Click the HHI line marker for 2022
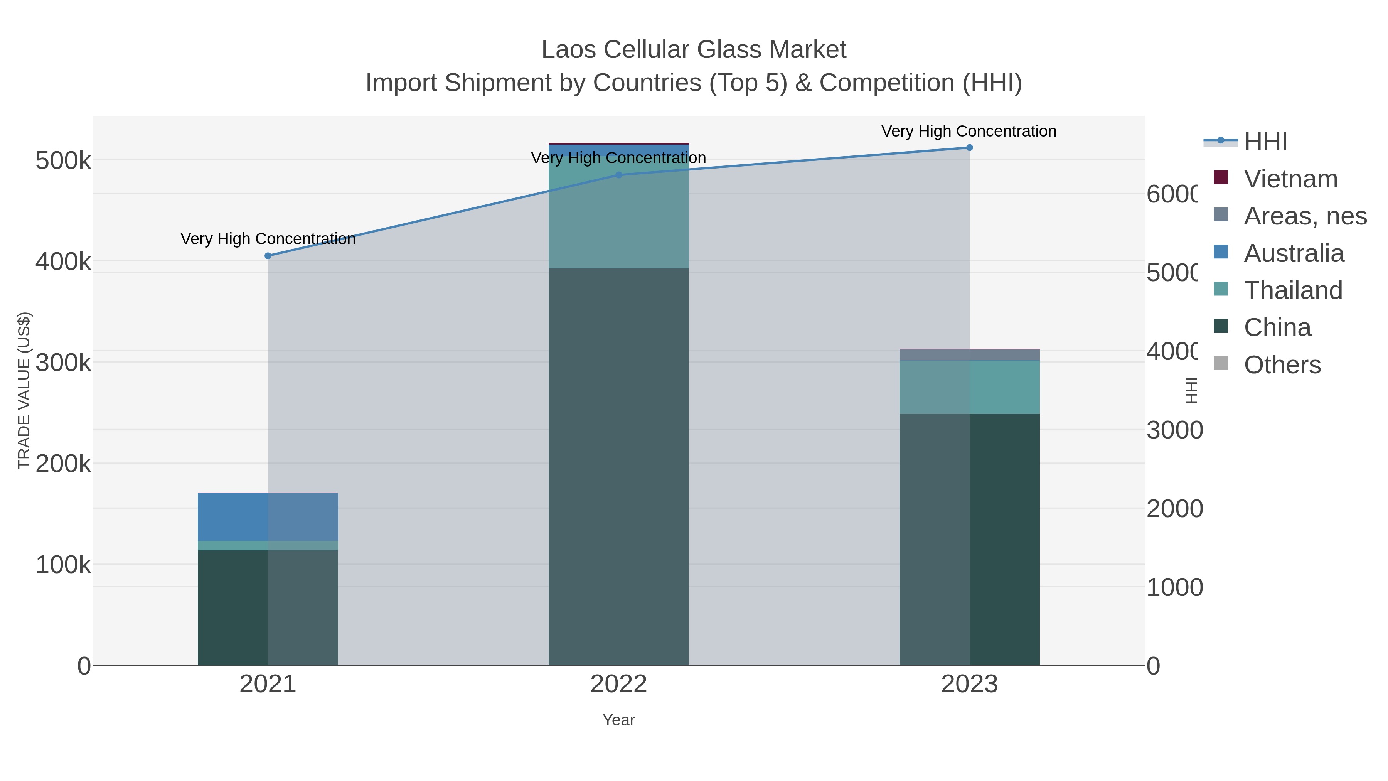click(618, 175)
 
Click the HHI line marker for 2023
click(969, 148)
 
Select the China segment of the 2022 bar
click(618, 466)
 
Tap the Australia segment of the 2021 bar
click(268, 517)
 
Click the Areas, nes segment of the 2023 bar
click(969, 355)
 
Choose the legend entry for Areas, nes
click(1304, 216)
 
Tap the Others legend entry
click(1281, 365)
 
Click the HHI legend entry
click(1265, 142)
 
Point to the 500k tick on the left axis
click(63, 160)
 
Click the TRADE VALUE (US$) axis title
click(24, 390)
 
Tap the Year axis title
click(618, 720)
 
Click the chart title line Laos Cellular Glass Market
click(694, 50)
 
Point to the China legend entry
click(1277, 328)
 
